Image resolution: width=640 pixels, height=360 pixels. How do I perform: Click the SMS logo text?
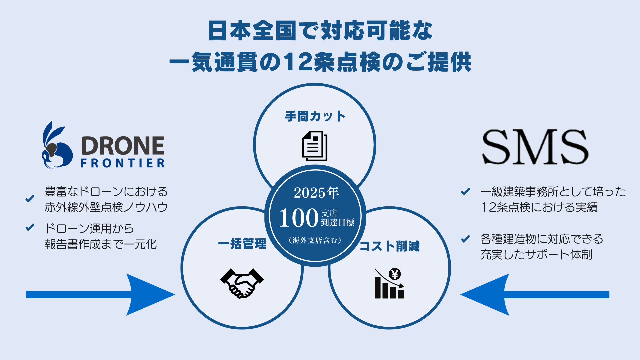tap(535, 147)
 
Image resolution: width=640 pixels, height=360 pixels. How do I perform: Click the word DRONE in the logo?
tap(123, 146)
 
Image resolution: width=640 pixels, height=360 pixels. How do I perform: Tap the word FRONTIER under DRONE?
tap(123, 163)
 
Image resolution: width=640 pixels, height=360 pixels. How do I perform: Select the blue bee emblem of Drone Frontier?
tap(56, 147)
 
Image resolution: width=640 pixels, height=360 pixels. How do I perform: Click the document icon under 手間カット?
tap(315, 146)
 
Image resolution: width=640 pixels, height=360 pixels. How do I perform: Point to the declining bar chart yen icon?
tap(389, 284)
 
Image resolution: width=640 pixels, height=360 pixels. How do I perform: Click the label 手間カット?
tap(315, 116)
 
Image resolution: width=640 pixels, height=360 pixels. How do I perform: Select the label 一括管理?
tap(242, 244)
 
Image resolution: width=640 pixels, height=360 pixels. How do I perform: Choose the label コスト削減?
tap(389, 246)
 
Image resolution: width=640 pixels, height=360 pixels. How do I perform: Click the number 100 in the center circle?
tap(298, 218)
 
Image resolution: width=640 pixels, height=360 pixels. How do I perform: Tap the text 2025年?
tap(316, 193)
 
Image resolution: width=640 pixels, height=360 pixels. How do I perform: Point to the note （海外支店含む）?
tap(315, 240)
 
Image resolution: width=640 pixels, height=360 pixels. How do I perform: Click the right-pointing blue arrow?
tap(100, 294)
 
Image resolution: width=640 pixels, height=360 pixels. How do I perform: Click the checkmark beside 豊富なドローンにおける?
tap(30, 199)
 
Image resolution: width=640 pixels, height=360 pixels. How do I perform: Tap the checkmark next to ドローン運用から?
tap(30, 227)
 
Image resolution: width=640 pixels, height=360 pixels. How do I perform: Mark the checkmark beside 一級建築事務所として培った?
tap(465, 191)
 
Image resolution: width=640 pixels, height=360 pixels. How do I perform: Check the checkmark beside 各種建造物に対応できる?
tap(465, 239)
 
